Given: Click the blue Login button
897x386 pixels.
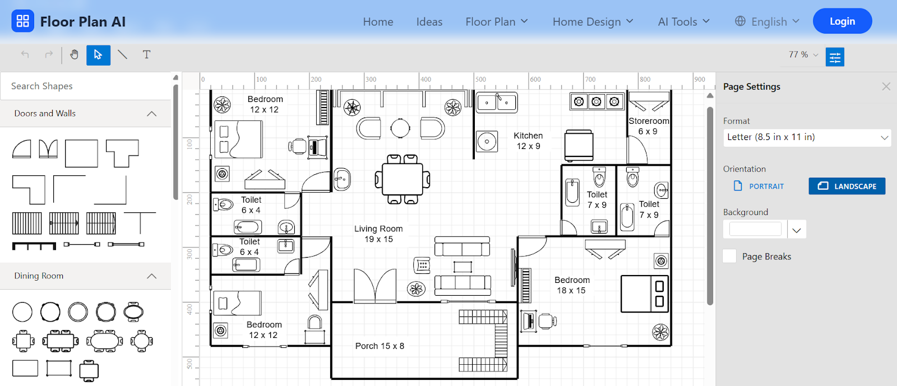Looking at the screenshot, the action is point(842,21).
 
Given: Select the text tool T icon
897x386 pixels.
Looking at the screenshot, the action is point(146,54).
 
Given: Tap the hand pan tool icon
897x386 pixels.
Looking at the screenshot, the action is point(74,54).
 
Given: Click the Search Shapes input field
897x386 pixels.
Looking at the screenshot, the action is point(86,86).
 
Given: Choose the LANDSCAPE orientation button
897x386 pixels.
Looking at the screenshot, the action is point(847,186).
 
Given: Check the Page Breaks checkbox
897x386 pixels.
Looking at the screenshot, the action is point(729,256).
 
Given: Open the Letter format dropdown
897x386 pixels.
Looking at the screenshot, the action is point(807,137).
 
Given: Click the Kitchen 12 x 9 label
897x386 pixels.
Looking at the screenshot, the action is point(528,141).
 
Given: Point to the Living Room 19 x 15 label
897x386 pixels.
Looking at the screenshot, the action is point(378,234).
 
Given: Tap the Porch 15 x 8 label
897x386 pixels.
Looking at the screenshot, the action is point(380,346).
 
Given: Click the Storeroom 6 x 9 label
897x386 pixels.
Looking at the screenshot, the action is point(648,126).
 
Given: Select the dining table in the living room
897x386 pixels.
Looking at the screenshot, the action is point(402,180).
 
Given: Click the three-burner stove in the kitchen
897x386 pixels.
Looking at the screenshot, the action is point(597,101).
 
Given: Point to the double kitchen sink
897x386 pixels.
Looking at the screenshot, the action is point(497,103).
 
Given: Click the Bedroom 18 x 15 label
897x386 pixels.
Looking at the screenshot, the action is point(572,285).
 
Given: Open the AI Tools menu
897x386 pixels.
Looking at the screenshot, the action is point(683,22).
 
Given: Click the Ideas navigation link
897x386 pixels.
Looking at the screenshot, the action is point(429,22).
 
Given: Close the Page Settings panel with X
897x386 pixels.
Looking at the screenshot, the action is point(886,86).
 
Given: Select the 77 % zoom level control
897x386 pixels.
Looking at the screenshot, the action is point(803,55).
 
